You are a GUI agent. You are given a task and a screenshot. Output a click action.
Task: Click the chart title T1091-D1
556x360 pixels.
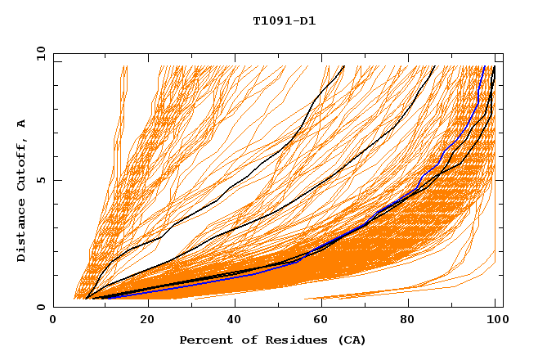pos(284,21)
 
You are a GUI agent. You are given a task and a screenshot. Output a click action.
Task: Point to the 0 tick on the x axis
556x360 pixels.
pos(53,322)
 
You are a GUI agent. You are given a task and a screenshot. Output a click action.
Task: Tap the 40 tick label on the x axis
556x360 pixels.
pos(235,322)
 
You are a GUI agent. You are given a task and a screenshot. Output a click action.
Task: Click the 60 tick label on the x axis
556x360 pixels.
pos(323,322)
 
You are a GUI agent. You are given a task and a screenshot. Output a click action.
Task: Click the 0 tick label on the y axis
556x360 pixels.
pos(41,308)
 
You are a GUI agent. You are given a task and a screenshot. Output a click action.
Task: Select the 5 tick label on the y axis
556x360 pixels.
pos(41,180)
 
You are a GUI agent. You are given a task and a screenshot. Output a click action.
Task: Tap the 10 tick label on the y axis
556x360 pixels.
pos(38,53)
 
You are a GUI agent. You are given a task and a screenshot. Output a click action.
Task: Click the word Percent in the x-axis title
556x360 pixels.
pos(204,340)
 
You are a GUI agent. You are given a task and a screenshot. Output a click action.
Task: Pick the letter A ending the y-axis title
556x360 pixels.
pos(21,123)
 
